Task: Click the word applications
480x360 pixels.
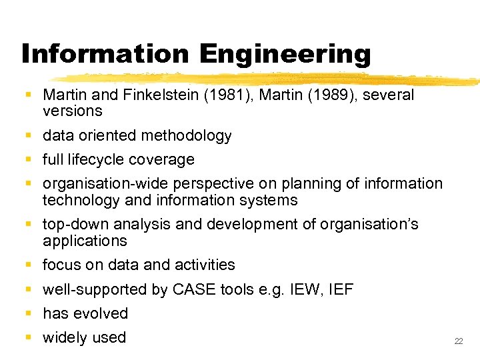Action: click(x=85, y=241)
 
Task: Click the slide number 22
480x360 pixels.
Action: click(x=458, y=341)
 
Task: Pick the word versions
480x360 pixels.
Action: click(x=72, y=111)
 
